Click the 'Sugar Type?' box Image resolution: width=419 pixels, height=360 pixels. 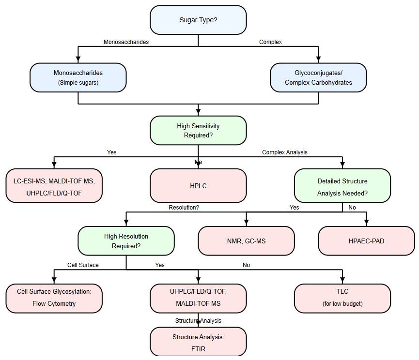(198, 20)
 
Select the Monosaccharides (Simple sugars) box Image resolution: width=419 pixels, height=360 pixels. (78, 77)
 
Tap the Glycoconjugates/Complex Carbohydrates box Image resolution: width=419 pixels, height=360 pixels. (318, 77)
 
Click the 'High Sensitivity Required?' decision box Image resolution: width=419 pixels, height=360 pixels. (198, 130)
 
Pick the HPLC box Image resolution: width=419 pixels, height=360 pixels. (198, 185)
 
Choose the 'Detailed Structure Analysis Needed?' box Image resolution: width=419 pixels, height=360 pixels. (342, 185)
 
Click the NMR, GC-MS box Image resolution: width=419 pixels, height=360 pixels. (246, 240)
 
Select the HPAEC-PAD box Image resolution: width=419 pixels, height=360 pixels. (366, 240)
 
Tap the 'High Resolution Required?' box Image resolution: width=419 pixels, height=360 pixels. (126, 240)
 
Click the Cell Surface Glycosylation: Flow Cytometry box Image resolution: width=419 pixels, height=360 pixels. (54, 298)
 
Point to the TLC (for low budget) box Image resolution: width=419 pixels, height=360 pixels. (342, 298)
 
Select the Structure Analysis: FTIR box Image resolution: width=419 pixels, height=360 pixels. (198, 342)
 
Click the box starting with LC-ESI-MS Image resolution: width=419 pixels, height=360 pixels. (54, 185)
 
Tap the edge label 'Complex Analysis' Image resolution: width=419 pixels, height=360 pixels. (285, 152)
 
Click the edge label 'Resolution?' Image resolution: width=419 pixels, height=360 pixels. (184, 207)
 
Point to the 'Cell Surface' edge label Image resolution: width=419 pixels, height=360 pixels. (83, 265)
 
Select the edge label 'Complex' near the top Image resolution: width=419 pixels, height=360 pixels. (270, 42)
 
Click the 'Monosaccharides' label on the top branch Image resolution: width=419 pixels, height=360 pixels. (126, 42)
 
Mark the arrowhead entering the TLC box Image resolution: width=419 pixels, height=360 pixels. (342, 281)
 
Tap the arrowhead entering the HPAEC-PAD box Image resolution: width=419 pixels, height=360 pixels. (366, 224)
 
